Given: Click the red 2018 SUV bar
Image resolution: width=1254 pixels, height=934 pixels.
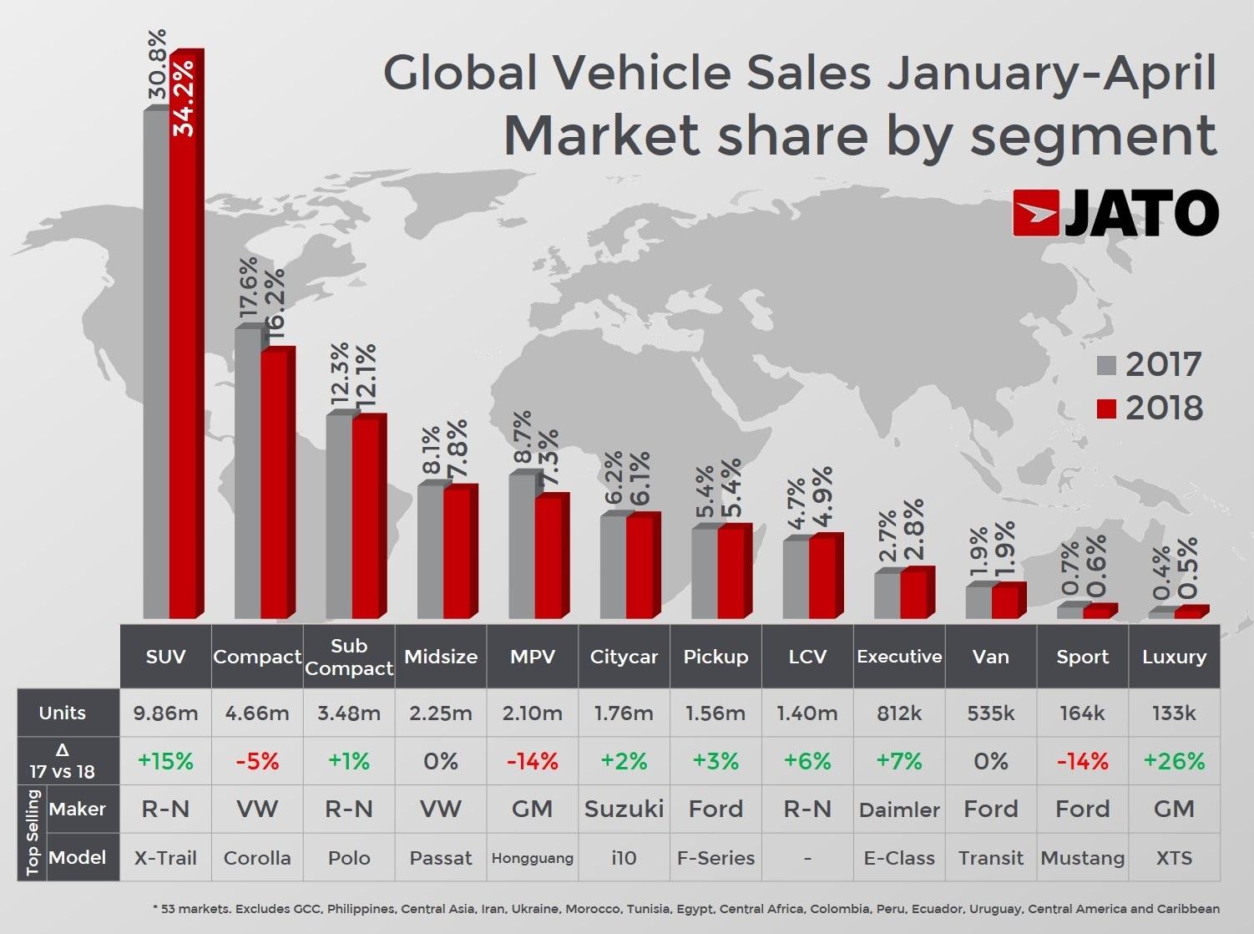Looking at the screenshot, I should click(x=184, y=334).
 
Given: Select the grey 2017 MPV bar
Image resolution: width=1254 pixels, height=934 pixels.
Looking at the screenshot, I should click(x=522, y=547).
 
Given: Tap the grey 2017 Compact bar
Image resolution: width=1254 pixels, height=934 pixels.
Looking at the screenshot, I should click(x=247, y=476).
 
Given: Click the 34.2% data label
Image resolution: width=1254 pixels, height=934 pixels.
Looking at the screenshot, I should click(x=183, y=97).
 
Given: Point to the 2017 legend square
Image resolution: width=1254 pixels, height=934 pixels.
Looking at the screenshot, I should click(x=1105, y=365).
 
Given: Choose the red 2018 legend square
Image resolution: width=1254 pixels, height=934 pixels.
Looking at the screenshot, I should click(x=1105, y=409).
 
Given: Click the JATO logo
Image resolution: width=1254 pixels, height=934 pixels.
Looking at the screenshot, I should click(x=1115, y=213).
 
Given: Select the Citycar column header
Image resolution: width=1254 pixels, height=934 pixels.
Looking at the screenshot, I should click(x=624, y=657).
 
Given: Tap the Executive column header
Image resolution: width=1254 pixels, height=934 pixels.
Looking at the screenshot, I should click(x=899, y=657).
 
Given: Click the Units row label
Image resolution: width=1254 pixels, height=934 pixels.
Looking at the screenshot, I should click(x=63, y=713).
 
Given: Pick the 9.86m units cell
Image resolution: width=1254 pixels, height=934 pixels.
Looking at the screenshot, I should click(x=165, y=713).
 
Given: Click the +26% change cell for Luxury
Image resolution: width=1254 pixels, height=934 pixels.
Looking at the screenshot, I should click(x=1174, y=761).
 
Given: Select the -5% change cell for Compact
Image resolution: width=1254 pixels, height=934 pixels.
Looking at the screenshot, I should click(x=257, y=761).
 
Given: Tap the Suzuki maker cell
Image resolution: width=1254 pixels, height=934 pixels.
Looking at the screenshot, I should click(x=624, y=809).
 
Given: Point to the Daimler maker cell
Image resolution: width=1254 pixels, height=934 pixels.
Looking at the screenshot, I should click(x=899, y=810).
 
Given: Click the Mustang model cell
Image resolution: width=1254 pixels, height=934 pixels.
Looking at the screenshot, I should click(x=1082, y=858).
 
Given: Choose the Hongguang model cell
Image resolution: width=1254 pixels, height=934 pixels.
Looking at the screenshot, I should click(x=533, y=858).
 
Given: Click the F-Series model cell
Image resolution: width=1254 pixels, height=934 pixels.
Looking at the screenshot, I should click(x=715, y=858).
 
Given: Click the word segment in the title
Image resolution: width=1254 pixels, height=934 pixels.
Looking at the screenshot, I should click(x=1094, y=136).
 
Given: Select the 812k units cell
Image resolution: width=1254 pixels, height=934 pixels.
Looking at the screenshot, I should click(x=899, y=713).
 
